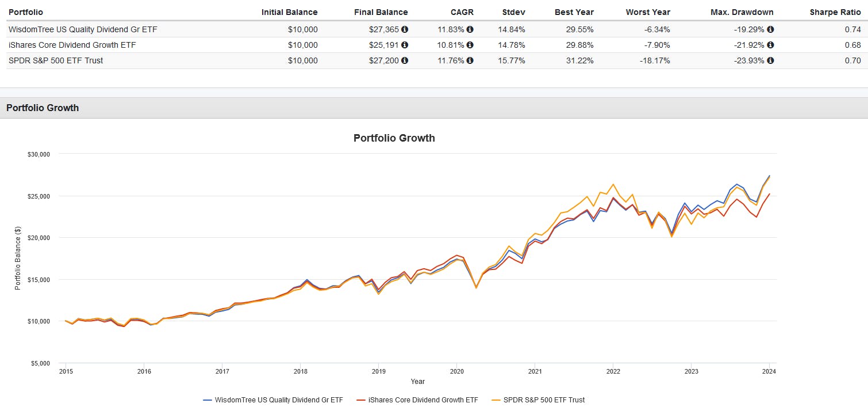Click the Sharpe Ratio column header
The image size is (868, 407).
coord(835,12)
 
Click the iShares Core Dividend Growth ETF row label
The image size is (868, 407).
coord(72,45)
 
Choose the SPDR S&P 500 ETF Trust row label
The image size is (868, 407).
coord(56,60)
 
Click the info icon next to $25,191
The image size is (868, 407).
coord(405,45)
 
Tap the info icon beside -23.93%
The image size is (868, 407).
coord(770,60)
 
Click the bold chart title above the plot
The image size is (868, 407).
coord(394,138)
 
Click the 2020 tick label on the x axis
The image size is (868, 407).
coord(456,371)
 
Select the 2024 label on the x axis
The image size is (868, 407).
coord(769,371)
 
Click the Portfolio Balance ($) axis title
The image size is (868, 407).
coord(18,258)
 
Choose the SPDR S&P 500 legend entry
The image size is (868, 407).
coord(540,400)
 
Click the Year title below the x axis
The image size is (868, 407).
coord(417,382)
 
